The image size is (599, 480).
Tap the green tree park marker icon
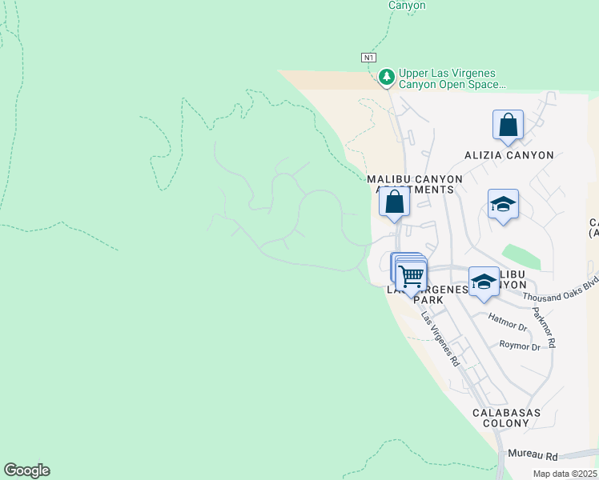[387, 77]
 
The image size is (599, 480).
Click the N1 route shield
[368, 58]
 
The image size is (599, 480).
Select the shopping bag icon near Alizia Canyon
[508, 126]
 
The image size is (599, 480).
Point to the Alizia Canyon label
[509, 155]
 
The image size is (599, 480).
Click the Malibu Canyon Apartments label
[414, 184]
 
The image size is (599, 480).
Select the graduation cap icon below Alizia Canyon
[503, 205]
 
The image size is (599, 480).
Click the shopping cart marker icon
[411, 276]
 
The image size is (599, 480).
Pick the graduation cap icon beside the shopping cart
[483, 282]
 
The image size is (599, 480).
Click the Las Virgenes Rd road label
[440, 338]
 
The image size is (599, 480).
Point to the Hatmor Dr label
[508, 326]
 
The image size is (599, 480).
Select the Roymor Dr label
[519, 346]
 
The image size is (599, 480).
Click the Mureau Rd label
[533, 455]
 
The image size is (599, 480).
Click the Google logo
[26, 470]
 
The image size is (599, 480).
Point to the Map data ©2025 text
[563, 474]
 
